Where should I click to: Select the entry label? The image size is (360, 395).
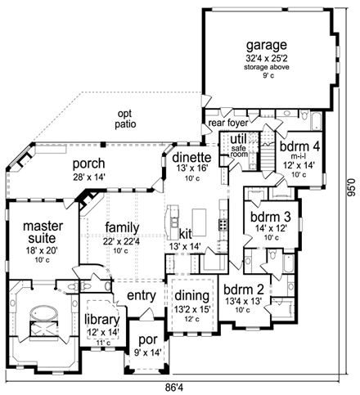[x=141, y=294]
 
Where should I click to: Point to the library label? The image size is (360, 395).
[x=102, y=321]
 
